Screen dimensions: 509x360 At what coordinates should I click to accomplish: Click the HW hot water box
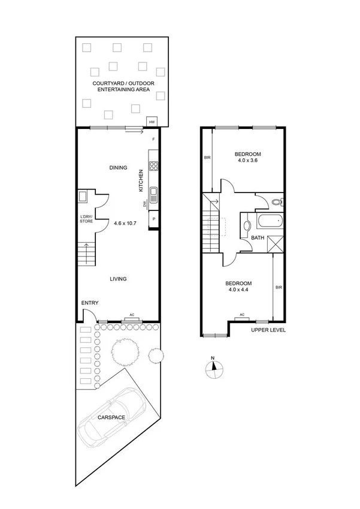click(152, 122)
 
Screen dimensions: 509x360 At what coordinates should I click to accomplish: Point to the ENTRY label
click(90, 303)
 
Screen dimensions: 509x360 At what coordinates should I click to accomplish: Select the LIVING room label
click(117, 278)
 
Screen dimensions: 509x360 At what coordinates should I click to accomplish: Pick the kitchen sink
click(153, 194)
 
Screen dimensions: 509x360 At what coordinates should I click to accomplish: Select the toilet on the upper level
click(276, 202)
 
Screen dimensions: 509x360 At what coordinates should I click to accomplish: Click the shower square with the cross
click(275, 245)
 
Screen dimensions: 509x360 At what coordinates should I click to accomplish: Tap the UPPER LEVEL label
click(268, 330)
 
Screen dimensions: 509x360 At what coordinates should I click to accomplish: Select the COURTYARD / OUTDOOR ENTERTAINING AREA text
click(119, 86)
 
